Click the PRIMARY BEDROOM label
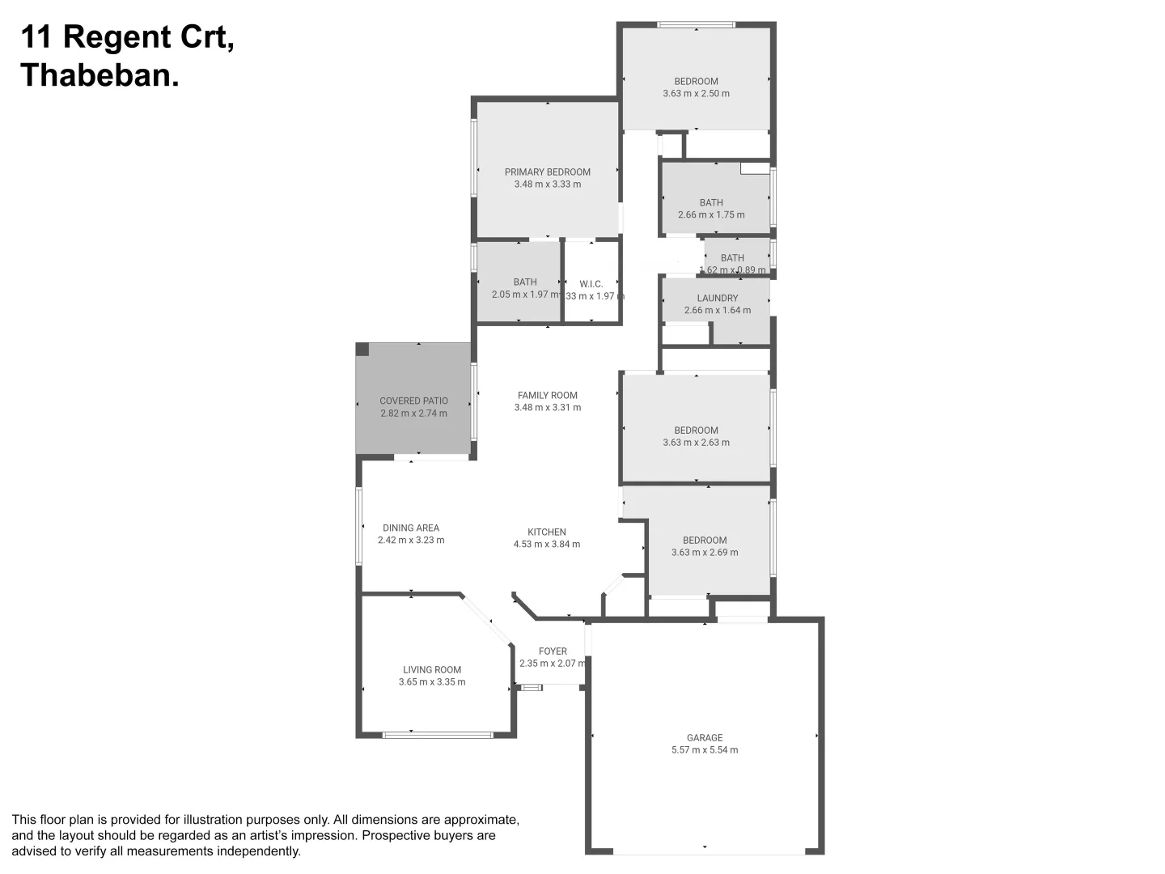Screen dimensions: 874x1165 [x=547, y=172]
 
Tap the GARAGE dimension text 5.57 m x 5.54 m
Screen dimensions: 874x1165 [x=704, y=750]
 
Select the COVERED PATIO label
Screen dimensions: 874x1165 [x=413, y=401]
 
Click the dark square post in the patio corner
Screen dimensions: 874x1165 [x=362, y=350]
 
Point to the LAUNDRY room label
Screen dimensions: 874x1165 [x=717, y=298]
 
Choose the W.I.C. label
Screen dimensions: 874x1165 [x=591, y=284]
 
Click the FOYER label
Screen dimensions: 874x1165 [x=553, y=651]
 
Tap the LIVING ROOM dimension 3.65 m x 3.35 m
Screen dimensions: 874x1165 [x=432, y=682]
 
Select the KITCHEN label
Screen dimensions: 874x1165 [x=546, y=532]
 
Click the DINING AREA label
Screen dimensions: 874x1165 [x=411, y=528]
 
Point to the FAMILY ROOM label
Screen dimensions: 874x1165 [x=547, y=395]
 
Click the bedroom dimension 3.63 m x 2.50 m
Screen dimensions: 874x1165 [x=696, y=94]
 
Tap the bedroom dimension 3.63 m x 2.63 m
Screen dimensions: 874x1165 [x=696, y=443]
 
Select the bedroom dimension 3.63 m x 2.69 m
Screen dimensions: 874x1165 [x=704, y=553]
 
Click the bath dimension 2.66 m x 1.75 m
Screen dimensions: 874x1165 [x=711, y=215]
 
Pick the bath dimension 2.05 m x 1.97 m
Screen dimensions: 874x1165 [x=525, y=295]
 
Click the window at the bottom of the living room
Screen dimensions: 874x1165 [x=437, y=735]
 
